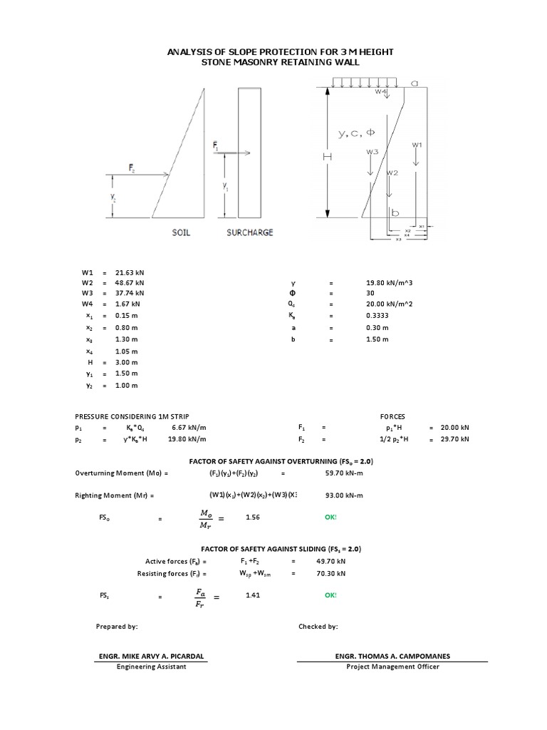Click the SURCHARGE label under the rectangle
point(249,232)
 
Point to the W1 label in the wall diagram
point(417,145)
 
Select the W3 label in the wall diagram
point(372,152)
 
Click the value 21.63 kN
point(129,272)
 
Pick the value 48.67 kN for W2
point(129,282)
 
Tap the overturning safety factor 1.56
point(253,518)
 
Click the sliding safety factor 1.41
point(253,594)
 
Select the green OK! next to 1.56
point(330,518)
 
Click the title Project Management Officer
point(392,667)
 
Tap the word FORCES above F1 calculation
point(392,415)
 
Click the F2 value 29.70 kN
point(455,439)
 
